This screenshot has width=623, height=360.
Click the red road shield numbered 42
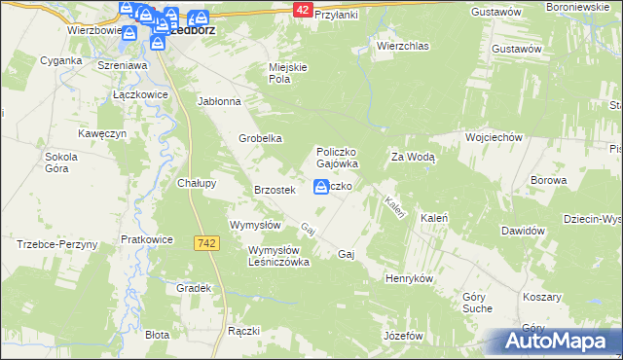302,9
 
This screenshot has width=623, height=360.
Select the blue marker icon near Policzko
320,187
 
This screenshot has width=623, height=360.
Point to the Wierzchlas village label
402,46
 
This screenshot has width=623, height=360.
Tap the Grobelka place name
260,138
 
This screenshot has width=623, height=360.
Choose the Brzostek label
274,190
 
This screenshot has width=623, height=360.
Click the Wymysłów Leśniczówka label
265,256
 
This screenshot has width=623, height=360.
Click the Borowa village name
548,181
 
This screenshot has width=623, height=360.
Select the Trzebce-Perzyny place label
56,244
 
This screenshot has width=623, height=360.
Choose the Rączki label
243,331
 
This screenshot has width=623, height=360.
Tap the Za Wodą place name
413,157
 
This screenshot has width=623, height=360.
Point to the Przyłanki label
336,16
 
